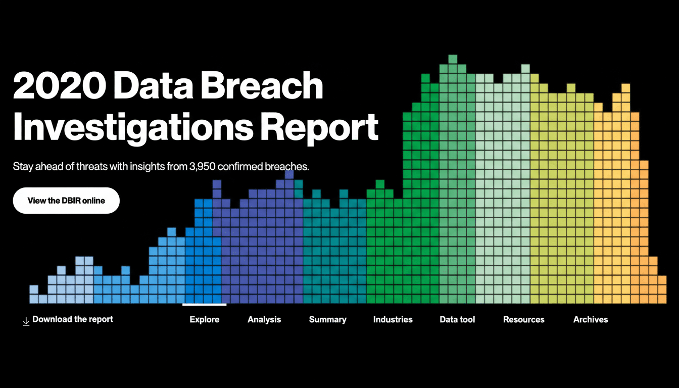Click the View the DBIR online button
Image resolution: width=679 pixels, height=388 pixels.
[66, 201]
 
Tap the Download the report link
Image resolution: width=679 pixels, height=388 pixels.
[73, 319]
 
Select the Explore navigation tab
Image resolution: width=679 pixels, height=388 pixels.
[205, 319]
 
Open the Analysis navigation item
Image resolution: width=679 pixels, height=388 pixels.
[264, 319]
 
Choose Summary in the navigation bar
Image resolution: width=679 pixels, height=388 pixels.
[328, 319]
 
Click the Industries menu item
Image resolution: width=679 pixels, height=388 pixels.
[393, 319]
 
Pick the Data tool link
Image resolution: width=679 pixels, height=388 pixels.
[457, 319]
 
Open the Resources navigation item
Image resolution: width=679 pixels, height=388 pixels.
[524, 319]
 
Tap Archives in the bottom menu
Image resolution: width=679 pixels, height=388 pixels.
[591, 319]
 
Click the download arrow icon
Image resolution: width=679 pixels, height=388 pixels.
[26, 321]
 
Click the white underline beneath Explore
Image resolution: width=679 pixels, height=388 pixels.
[205, 305]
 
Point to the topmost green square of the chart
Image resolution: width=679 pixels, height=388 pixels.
[453, 59]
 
